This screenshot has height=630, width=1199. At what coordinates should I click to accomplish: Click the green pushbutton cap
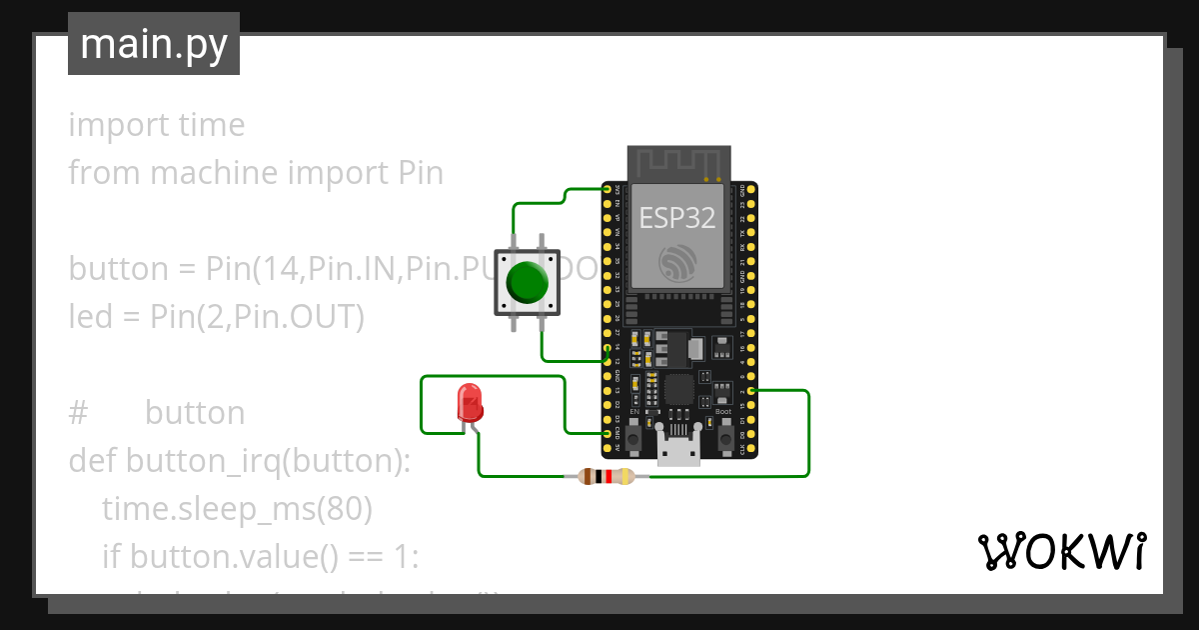point(527,283)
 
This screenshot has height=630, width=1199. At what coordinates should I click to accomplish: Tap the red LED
point(469,403)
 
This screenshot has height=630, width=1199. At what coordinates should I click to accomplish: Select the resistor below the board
point(605,477)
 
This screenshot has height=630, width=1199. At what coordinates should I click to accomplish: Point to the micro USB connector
point(679,452)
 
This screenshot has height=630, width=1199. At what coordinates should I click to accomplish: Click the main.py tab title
point(154,44)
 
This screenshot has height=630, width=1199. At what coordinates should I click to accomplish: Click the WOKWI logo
point(1061,551)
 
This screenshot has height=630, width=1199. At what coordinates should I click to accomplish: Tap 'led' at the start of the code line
point(88,317)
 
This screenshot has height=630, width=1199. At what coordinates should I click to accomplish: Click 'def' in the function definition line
point(92,461)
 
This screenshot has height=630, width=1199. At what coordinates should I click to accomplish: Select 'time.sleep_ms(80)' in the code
point(237,509)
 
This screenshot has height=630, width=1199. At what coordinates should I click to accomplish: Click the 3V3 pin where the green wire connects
point(606,189)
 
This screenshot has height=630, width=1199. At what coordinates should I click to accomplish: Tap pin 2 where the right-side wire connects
point(751,391)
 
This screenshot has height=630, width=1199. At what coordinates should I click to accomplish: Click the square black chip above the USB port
point(679,390)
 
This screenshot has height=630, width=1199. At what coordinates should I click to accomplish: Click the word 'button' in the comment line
point(195,413)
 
